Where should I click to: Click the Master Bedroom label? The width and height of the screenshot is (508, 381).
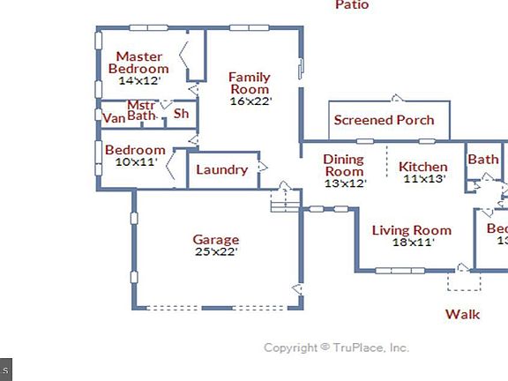[x=138, y=63]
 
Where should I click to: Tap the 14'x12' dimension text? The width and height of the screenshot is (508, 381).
[x=139, y=80]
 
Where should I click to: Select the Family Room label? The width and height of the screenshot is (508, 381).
[x=250, y=83]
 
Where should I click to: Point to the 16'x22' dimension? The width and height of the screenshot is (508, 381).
[x=250, y=101]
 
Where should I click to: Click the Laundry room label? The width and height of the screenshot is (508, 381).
[x=221, y=169]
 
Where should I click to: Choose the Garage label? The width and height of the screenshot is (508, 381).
[x=216, y=239]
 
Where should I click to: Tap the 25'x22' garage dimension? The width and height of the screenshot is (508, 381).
[x=216, y=251]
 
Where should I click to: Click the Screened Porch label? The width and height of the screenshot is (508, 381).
[x=384, y=120]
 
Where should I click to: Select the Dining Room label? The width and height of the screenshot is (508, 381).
[x=344, y=165]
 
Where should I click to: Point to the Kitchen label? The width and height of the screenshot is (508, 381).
[x=423, y=167]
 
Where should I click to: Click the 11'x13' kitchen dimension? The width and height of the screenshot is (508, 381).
[x=424, y=179]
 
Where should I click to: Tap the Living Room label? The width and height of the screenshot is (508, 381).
[x=411, y=231]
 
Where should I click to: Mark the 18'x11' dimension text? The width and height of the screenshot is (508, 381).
[x=412, y=243]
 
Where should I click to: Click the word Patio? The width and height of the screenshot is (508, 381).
[x=352, y=5]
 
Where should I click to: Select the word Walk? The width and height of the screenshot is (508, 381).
[x=462, y=314]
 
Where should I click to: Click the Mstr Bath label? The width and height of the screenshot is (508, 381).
[x=141, y=109]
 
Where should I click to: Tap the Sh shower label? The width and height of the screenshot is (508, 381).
[x=181, y=113]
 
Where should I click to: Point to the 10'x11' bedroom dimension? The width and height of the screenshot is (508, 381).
[x=135, y=162]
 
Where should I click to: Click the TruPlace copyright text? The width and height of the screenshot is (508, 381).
[x=337, y=347]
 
